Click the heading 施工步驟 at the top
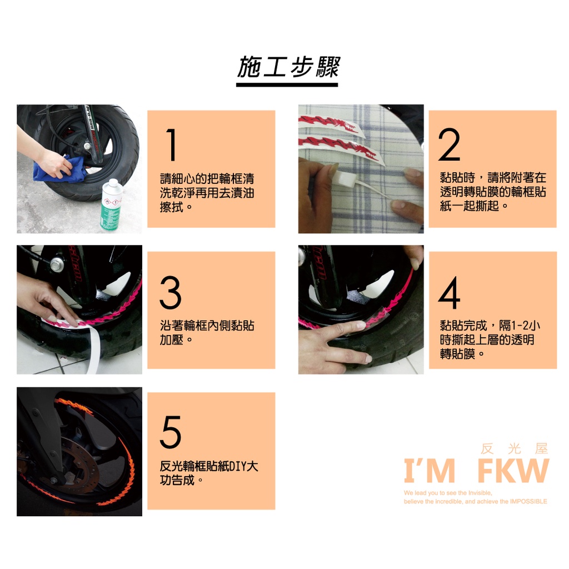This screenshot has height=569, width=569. coord(287,68)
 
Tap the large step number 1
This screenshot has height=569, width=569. coord(171,145)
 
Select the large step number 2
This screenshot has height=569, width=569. coord(449,144)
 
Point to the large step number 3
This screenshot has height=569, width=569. coord(170,292)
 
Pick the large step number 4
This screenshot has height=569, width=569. coord(449,293)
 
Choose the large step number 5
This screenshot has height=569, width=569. coord(170,432)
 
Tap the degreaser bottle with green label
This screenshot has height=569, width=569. coord(111,204)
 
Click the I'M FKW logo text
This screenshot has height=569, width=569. coord(476,471)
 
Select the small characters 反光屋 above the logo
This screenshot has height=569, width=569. coord(514,449)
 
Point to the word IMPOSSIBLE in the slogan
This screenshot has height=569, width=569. coord(528,502)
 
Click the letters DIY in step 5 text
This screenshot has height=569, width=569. coord(237,466)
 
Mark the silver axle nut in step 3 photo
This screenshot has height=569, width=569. coord(57,264)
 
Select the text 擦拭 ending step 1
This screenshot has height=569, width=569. coord(171,207)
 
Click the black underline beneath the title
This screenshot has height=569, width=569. coord(287,85)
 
